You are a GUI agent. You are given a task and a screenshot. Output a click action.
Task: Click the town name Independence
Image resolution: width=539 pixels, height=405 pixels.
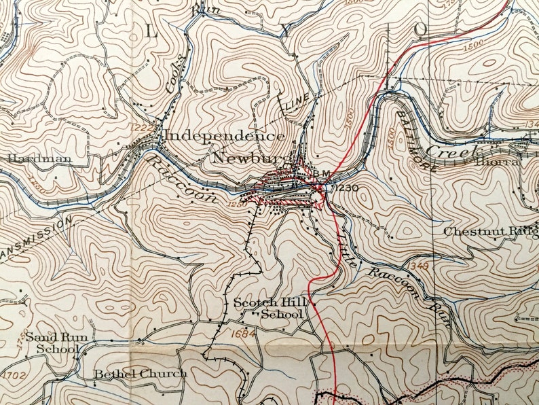tap(225, 135)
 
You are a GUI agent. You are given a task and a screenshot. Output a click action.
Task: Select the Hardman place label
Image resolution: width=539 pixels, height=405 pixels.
tap(30, 158)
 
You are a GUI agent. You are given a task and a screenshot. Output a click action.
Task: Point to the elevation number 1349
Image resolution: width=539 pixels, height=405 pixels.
tap(420, 264)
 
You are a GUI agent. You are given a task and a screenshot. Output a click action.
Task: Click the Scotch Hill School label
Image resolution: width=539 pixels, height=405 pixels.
tap(267, 309)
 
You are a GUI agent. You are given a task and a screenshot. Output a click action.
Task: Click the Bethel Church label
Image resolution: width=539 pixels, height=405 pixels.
tap(140, 374)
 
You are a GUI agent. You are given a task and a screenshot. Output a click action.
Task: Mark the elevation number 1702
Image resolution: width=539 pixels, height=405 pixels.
tap(13, 374)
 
